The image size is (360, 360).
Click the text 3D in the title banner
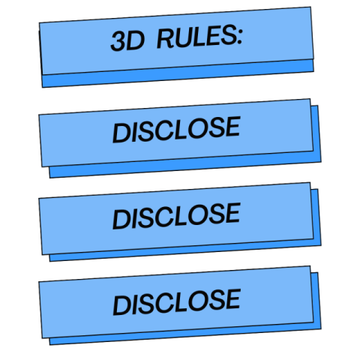[x=127, y=41]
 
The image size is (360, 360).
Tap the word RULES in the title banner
[x=196, y=37]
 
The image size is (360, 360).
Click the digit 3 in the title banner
[x=118, y=42]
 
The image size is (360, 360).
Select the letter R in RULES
[x=165, y=39]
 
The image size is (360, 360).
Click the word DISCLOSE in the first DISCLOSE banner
[x=176, y=130]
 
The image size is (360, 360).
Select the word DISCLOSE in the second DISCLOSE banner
[x=176, y=216]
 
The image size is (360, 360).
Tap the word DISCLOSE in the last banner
[x=176, y=302]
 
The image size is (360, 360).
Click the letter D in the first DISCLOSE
[x=121, y=133]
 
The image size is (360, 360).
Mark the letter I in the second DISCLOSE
[x=133, y=218]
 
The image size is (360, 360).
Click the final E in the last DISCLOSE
[x=232, y=298]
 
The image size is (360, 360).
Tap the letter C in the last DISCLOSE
[x=163, y=303]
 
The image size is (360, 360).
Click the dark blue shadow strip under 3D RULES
[x=178, y=73]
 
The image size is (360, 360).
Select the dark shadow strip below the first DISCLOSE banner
[x=185, y=164]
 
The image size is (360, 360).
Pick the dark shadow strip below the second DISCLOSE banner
[x=185, y=250]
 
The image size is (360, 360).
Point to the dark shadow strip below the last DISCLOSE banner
[x=185, y=334]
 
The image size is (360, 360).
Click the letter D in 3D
[x=136, y=40]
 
